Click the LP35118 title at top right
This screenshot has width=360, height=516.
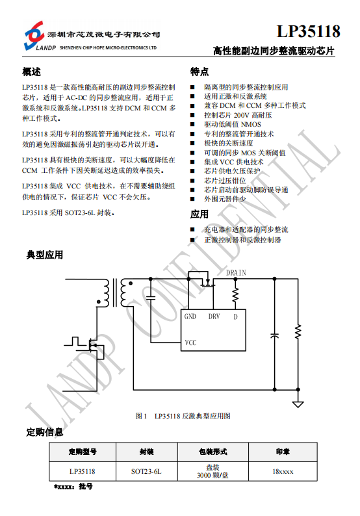click(x=308, y=31)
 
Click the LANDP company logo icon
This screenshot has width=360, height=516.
click(x=34, y=35)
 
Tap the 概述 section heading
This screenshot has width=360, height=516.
click(x=32, y=71)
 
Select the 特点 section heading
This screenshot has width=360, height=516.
click(x=199, y=71)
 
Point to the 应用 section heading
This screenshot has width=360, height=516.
click(x=199, y=214)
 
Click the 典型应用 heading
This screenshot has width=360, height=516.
click(x=45, y=255)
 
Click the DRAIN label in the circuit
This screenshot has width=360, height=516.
click(x=236, y=272)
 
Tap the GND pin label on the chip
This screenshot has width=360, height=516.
click(x=190, y=316)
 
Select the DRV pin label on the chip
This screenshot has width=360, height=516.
click(x=214, y=316)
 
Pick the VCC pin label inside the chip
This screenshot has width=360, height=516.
click(x=190, y=342)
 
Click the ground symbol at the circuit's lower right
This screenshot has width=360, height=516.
click(x=298, y=404)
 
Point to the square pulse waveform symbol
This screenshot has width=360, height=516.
click(x=75, y=341)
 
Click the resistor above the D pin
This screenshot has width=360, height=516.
click(x=235, y=295)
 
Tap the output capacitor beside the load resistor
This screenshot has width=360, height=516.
click(x=274, y=336)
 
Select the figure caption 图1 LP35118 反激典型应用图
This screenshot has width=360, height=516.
click(x=183, y=416)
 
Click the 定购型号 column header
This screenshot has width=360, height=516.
click(x=83, y=452)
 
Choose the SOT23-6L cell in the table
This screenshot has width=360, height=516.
click(x=146, y=472)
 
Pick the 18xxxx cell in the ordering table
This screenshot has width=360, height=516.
click(x=283, y=472)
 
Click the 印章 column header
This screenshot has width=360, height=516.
click(x=283, y=452)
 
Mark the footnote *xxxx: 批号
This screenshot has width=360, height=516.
click(x=73, y=486)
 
